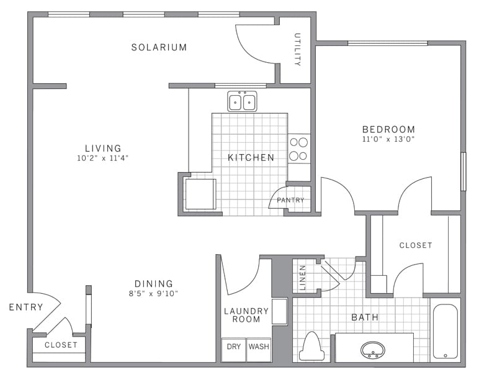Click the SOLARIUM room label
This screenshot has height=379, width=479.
click(159, 47)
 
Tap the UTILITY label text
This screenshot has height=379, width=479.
click(297, 50)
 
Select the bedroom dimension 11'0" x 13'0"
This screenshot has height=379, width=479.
click(388, 139)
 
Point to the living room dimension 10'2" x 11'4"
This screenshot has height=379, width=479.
click(103, 158)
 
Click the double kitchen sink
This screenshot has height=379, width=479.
click(242, 101)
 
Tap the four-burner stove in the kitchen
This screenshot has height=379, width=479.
click(299, 149)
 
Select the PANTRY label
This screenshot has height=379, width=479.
click(290, 200)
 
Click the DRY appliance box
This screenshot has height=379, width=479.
click(233, 347)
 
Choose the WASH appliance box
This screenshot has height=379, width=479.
click(259, 347)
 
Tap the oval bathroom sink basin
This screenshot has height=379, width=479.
click(373, 350)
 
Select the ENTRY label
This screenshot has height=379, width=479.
click(26, 307)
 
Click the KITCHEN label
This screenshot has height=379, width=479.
click(251, 158)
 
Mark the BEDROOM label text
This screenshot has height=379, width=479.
click(388, 129)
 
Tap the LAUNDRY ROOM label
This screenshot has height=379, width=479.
click(246, 315)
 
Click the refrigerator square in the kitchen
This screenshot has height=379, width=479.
click(200, 194)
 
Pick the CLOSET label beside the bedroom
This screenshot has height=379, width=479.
click(415, 245)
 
